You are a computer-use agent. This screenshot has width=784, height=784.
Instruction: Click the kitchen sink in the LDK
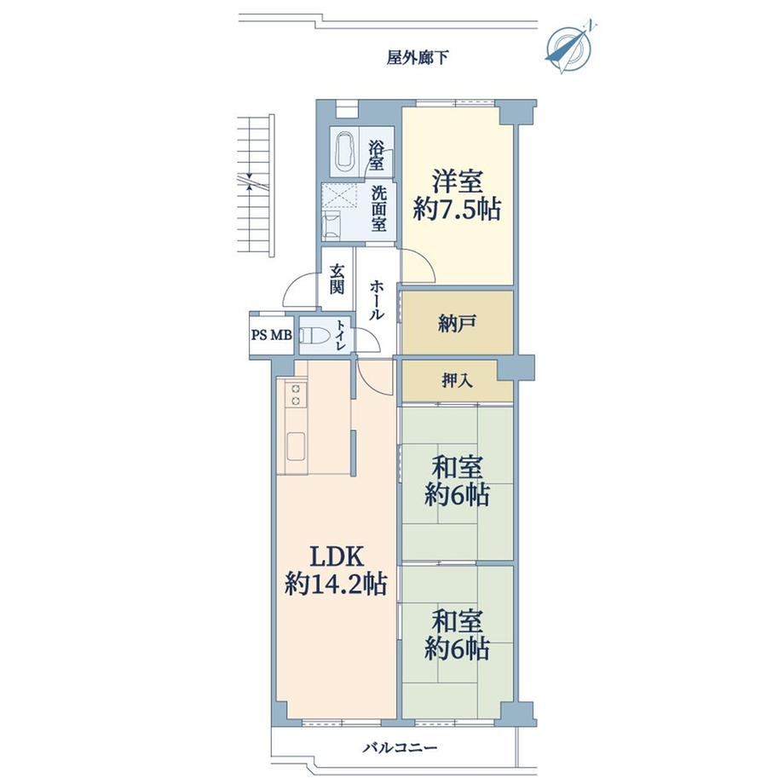(296, 447)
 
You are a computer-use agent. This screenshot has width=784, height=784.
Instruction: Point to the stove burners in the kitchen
(296, 394)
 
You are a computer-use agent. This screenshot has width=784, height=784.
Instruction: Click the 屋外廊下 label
(418, 58)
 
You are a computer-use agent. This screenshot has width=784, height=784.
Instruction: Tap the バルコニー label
(400, 747)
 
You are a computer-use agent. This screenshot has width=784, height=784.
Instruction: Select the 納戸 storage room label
(457, 323)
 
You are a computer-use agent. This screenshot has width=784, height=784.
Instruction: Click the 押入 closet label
(457, 381)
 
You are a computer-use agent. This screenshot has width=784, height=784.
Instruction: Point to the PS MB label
(272, 335)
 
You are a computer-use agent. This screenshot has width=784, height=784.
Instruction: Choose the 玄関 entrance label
(337, 279)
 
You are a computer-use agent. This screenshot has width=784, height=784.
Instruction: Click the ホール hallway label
(377, 300)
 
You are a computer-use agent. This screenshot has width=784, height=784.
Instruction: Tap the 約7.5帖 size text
(457, 209)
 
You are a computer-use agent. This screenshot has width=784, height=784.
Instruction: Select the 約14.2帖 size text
(336, 583)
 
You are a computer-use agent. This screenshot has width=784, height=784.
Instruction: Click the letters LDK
(336, 556)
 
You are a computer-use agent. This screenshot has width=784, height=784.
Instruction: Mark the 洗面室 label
(379, 209)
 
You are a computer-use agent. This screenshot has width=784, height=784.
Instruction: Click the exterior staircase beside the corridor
(256, 186)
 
